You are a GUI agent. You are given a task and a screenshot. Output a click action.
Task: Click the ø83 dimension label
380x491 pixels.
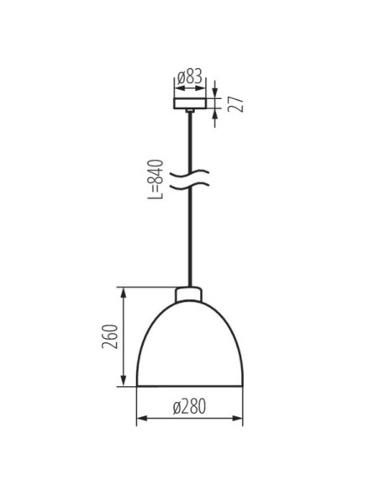(190, 78)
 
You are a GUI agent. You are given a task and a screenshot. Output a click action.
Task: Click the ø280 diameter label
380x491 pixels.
(190, 407)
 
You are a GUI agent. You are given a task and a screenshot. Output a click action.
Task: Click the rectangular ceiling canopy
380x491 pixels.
(189, 101)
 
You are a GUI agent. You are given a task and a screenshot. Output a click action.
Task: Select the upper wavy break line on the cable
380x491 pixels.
(190, 174)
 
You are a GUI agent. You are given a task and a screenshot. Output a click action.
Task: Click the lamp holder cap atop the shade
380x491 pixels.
(190, 294)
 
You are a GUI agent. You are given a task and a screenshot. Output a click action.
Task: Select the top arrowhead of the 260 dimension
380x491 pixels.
(125, 292)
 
